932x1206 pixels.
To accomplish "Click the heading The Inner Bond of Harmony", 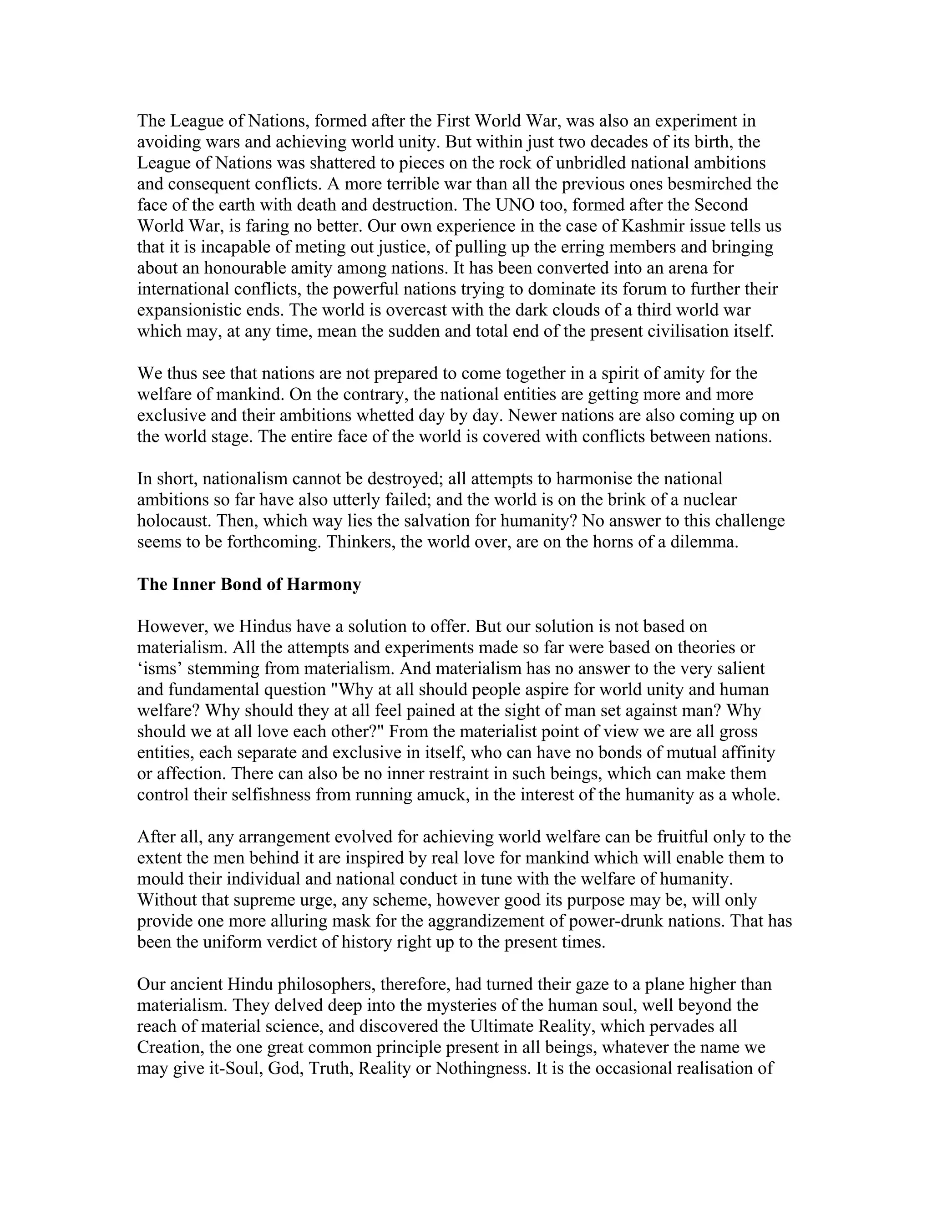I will click(249, 584).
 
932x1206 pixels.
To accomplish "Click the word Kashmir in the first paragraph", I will click(655, 226).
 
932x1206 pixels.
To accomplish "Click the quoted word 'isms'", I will click(160, 669).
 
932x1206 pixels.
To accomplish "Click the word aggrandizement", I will click(502, 921).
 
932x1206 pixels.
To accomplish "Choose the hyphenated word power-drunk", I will click(611, 921).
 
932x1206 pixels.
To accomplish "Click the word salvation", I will click(436, 521).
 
